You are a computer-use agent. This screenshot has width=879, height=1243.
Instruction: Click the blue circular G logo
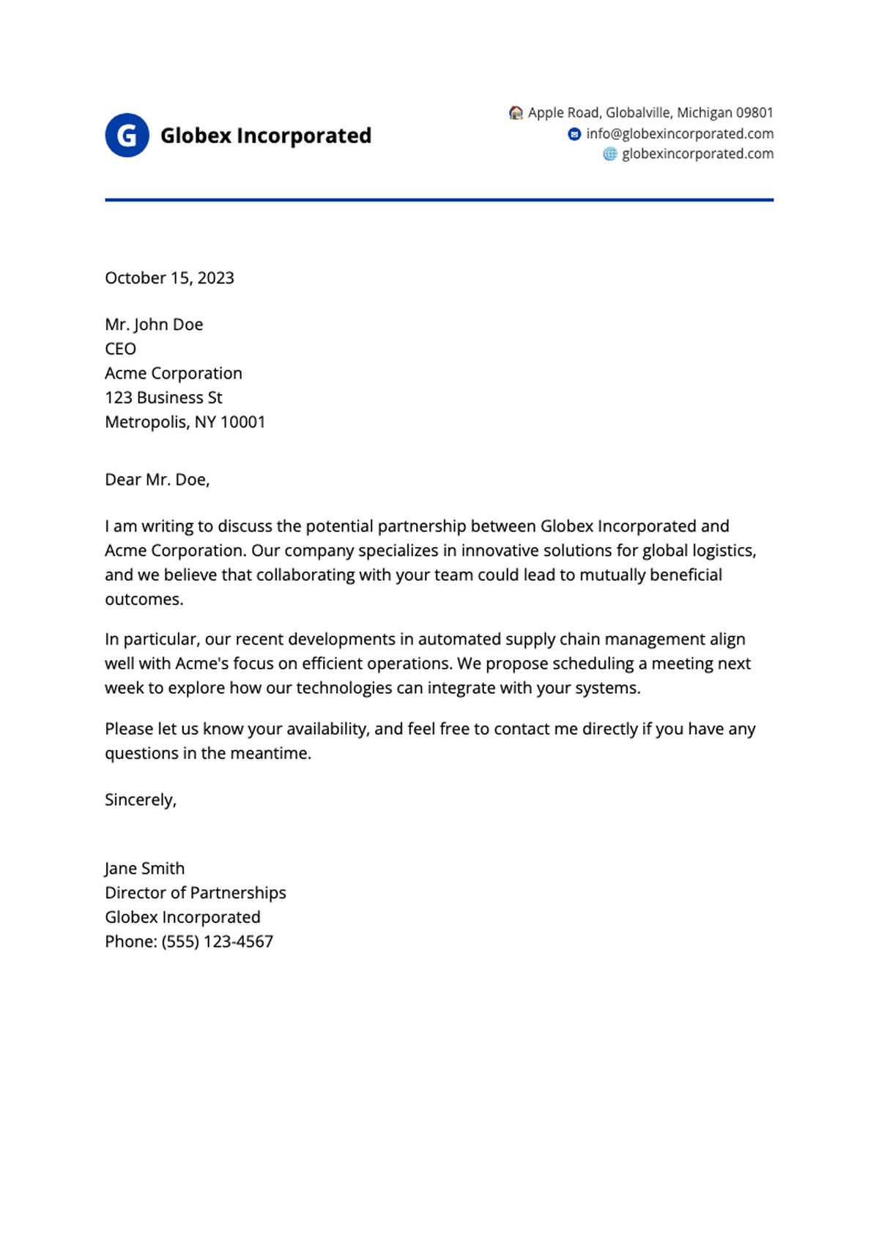pos(127,136)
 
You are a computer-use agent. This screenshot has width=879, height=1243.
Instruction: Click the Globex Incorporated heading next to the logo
pos(265,136)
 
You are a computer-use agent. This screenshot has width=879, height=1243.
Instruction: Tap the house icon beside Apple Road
pos(516,113)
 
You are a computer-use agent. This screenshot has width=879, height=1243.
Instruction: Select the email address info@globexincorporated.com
pos(679,134)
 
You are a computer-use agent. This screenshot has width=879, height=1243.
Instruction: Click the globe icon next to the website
pos(609,154)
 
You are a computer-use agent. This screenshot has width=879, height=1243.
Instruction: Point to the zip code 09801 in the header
pos(754,113)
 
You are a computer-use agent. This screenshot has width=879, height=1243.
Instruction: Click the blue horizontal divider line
pos(439,199)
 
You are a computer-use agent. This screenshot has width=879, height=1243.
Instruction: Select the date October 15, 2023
pos(169,278)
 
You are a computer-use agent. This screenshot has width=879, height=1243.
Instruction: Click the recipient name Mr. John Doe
pos(154,324)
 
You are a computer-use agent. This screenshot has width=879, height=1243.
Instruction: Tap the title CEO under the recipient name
pos(120,349)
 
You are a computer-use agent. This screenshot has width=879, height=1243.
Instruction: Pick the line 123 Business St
pos(163,398)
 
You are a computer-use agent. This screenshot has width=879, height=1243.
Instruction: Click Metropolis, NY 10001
pos(185,422)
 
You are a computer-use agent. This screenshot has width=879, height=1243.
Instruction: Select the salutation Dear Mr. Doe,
pos(157,480)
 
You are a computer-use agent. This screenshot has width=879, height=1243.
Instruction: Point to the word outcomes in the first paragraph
pos(144,599)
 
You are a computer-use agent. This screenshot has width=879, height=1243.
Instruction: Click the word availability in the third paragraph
pos(327,729)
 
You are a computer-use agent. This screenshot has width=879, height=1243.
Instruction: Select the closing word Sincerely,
pos(141,800)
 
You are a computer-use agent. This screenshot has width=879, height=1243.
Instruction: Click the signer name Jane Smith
pos(144,869)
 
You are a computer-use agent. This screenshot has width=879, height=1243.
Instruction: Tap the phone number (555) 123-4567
pos(217,942)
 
